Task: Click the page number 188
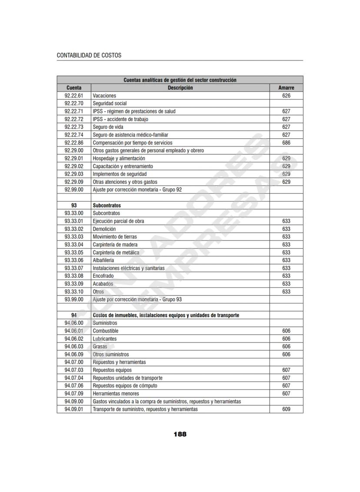pyautogui.click(x=180, y=434)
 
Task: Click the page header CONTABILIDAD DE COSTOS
pyautogui.click(x=89, y=56)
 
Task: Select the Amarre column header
pyautogui.click(x=286, y=88)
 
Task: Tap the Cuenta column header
pyautogui.click(x=74, y=88)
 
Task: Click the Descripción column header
pyautogui.click(x=180, y=88)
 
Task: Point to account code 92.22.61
pyautogui.click(x=74, y=96)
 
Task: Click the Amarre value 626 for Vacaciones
pyautogui.click(x=286, y=96)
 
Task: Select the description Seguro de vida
pyautogui.click(x=108, y=127)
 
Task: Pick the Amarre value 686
pyautogui.click(x=286, y=143)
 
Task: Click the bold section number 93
pyautogui.click(x=74, y=206)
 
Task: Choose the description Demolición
pyautogui.click(x=104, y=229)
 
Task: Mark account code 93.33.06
pyautogui.click(x=74, y=260)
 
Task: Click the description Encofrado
pyautogui.click(x=103, y=276)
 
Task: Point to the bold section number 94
pyautogui.click(x=74, y=315)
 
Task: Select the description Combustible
pyautogui.click(x=106, y=331)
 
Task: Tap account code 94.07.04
pyautogui.click(x=74, y=378)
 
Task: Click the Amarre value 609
pyautogui.click(x=286, y=409)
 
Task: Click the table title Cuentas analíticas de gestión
pyautogui.click(x=180, y=80)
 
